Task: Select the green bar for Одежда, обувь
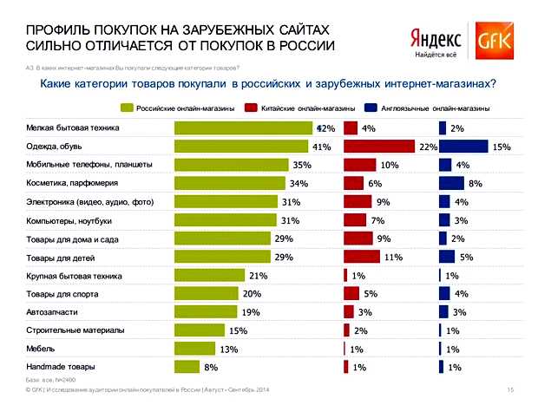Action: coord(242,147)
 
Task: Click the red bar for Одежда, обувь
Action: coord(380,147)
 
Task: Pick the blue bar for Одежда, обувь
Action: coord(463,147)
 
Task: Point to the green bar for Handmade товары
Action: coord(187,366)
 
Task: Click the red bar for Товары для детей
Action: coord(362,257)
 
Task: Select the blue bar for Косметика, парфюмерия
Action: coord(452,183)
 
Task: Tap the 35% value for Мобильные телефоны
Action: coord(302,165)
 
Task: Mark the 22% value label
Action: coord(427,147)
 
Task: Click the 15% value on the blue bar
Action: coord(501,147)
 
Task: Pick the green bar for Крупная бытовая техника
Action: coord(209,275)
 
